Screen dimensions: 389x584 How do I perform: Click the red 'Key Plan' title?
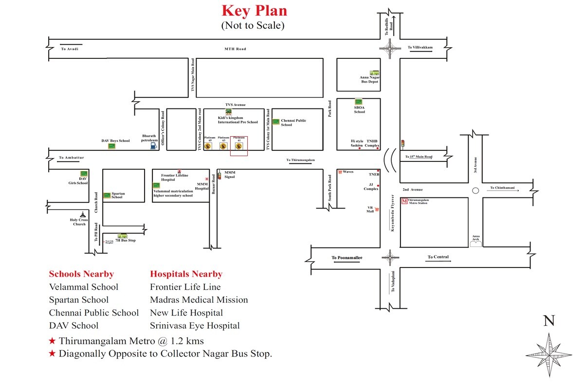click(255, 11)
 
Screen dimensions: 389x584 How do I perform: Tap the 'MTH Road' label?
click(235, 49)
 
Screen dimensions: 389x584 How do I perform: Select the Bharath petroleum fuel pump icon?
click(154, 144)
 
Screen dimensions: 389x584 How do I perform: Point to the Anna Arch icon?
click(476, 243)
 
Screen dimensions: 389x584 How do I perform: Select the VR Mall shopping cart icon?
click(377, 210)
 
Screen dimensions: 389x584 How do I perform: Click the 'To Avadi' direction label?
click(69, 49)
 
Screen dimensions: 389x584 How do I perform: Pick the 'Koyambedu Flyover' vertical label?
click(392, 213)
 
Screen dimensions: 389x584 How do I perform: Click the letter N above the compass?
click(549, 320)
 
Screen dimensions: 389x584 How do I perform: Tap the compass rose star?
click(549, 354)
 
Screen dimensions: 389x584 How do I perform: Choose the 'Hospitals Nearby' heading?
click(186, 274)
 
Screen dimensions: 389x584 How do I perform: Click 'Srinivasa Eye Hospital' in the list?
click(195, 325)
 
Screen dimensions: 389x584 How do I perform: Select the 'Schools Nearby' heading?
click(81, 274)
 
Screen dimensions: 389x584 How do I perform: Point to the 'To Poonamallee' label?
click(347, 258)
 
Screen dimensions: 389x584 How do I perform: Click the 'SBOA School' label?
click(359, 110)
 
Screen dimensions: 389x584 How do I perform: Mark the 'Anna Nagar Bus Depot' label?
click(369, 79)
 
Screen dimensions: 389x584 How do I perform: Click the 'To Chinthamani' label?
click(505, 188)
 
